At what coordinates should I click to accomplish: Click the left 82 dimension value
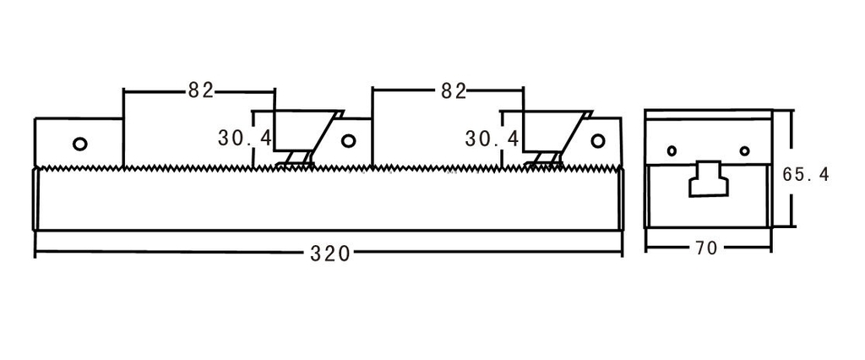point(200,90)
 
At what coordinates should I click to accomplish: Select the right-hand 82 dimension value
point(453,90)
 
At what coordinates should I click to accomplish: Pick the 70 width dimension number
point(708,249)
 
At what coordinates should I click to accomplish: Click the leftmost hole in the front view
point(80,143)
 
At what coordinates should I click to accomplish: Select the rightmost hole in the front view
point(599,140)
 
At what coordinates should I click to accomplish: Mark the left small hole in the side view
point(672,151)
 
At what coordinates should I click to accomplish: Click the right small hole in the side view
point(744,151)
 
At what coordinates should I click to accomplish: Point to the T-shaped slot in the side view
point(708,178)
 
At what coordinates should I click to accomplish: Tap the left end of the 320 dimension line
point(35,253)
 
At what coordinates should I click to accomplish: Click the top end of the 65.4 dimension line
point(792,111)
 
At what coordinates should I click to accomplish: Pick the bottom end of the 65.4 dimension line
point(792,226)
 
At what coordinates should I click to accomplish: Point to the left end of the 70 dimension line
point(646,249)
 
